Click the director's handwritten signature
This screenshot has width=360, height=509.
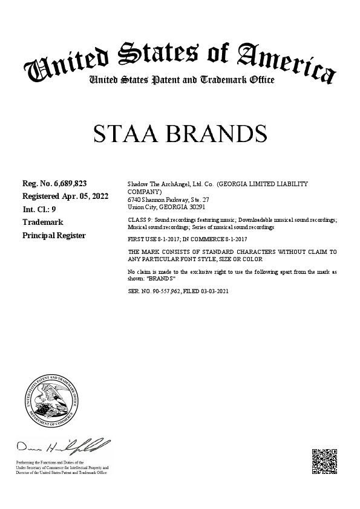[x=63, y=448]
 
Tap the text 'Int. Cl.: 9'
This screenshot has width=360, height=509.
[x=39, y=210]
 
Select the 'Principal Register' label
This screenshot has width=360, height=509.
[x=54, y=235]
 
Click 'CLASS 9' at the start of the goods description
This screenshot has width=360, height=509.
[x=139, y=220]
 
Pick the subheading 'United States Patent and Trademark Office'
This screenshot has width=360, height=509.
[x=182, y=80]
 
